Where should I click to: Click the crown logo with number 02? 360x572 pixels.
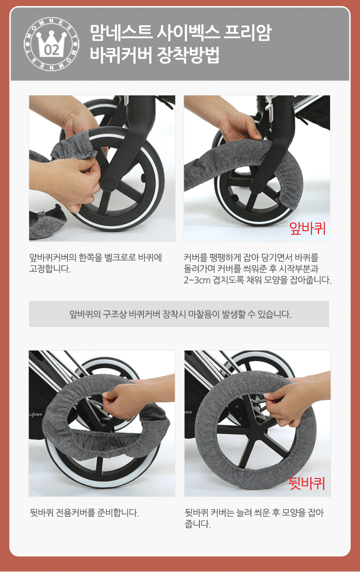[51, 44]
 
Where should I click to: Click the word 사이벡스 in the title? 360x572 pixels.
[188, 33]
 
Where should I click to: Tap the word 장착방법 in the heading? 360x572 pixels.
[188, 55]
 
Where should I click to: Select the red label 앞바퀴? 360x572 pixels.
[307, 228]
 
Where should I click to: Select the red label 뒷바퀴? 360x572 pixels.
[307, 483]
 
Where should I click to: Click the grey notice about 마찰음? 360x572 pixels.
[179, 314]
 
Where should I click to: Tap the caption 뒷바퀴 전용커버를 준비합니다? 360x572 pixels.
[85, 513]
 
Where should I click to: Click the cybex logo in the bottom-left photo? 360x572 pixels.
[36, 414]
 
